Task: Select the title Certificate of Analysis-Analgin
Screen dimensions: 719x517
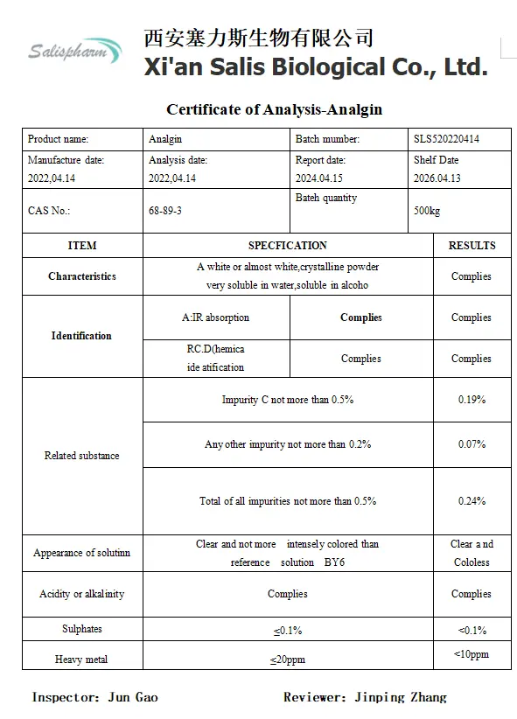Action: point(274,109)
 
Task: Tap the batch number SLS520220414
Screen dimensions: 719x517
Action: point(446,138)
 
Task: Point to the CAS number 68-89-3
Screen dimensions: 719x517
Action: point(165,211)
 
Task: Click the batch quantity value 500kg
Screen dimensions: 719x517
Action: point(427,212)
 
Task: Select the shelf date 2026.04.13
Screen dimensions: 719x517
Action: point(437,178)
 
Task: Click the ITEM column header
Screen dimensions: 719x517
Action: point(82,246)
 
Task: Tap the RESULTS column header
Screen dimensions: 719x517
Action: point(472,246)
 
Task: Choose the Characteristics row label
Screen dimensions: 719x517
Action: point(82,276)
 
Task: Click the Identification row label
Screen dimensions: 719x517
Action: point(81,336)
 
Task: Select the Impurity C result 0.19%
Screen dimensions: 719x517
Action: point(472,400)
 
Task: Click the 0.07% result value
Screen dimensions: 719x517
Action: point(472,444)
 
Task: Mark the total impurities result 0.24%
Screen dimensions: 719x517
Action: point(472,501)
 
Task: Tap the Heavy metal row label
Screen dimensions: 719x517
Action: point(81,659)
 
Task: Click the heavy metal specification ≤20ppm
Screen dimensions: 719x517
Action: point(288,659)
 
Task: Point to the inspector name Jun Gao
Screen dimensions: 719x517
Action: point(133,697)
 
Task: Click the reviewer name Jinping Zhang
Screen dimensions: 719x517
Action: point(401,697)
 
